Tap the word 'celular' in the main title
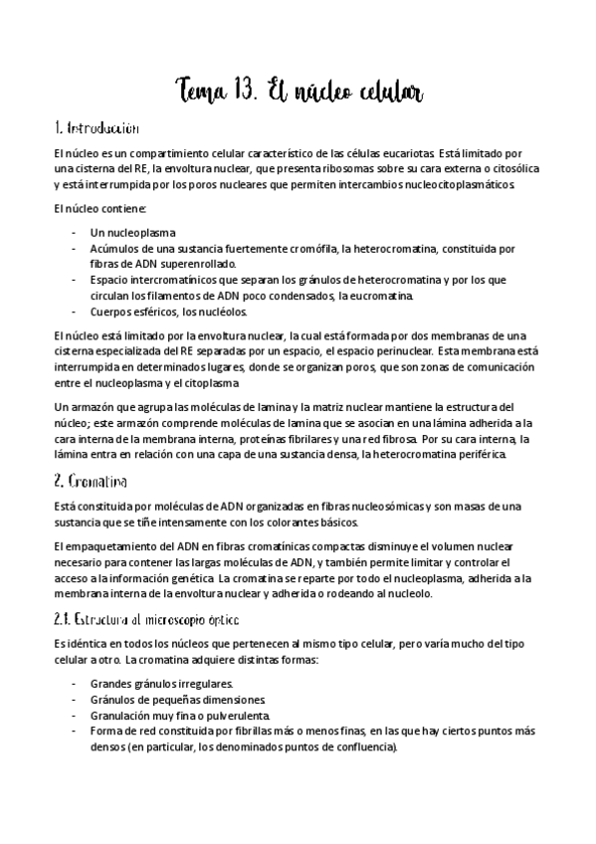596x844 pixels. (x=383, y=92)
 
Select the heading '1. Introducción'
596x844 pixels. (x=97, y=129)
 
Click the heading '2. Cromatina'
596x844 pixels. (x=90, y=482)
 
